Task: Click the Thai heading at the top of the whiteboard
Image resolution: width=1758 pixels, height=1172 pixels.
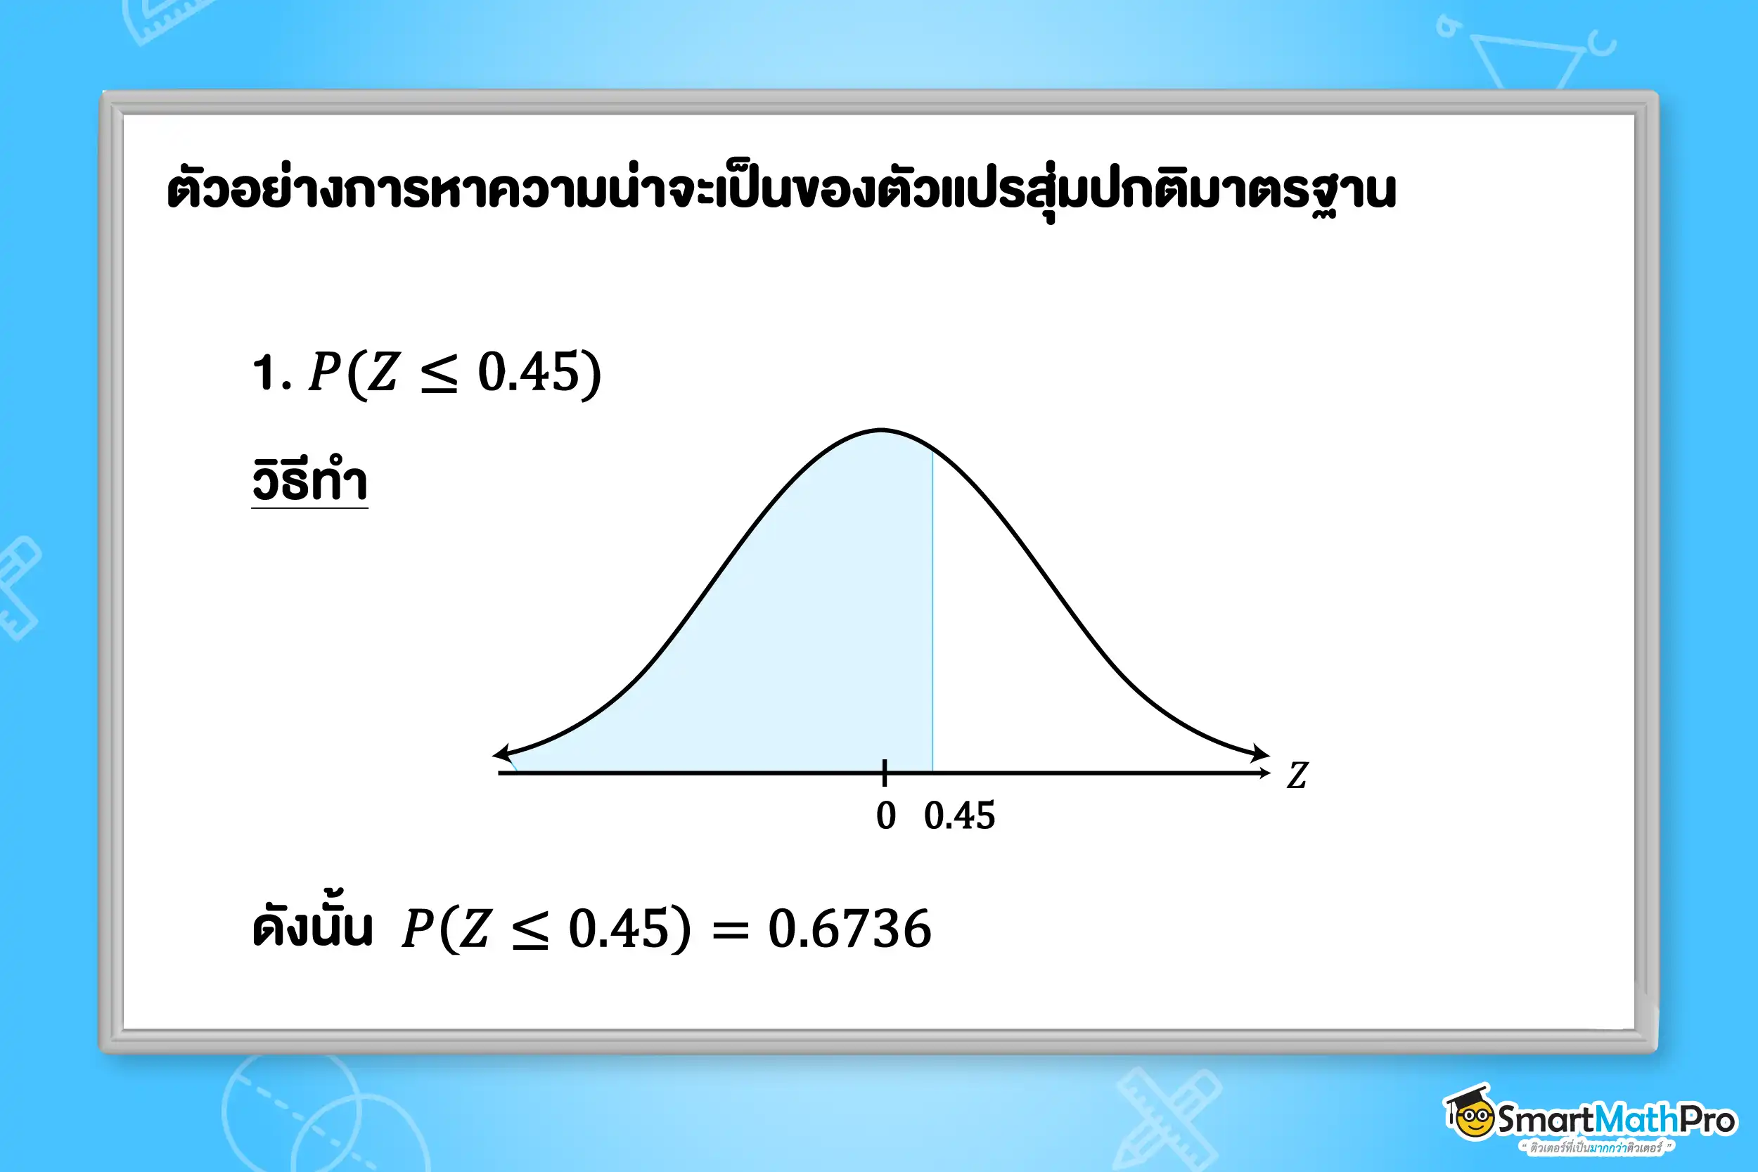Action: tap(781, 191)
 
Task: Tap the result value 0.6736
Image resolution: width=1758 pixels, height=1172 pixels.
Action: tap(850, 929)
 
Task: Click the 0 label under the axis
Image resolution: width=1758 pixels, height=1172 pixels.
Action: tap(886, 816)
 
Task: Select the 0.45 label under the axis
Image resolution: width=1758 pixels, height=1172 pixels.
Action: tap(960, 816)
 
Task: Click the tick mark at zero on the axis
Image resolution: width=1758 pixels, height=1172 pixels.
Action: tap(884, 773)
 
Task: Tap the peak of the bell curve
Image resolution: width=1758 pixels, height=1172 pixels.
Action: tap(882, 430)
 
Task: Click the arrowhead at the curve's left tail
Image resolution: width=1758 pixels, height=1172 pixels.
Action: tap(502, 753)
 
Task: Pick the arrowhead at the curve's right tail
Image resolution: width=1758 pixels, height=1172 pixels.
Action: tap(1261, 753)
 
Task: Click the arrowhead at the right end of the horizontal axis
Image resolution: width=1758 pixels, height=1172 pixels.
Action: tap(1264, 773)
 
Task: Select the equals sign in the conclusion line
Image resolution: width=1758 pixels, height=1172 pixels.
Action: tap(730, 932)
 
